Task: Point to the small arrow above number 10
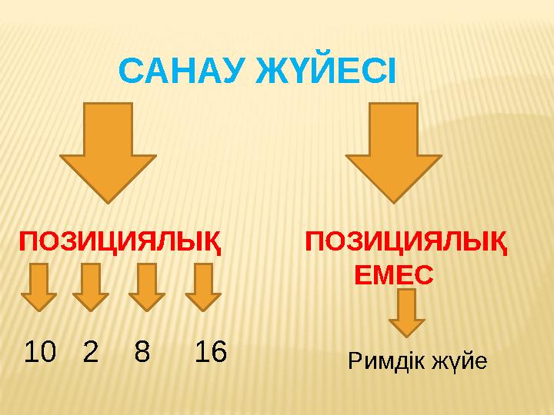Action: (38, 287)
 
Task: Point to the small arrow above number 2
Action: (91, 287)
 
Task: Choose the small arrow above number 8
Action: (146, 287)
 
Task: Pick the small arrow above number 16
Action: (203, 287)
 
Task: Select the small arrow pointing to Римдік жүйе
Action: (407, 313)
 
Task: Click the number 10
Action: (40, 353)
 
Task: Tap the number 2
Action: (90, 353)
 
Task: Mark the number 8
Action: (142, 353)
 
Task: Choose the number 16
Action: (210, 353)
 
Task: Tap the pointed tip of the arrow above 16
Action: (203, 309)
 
